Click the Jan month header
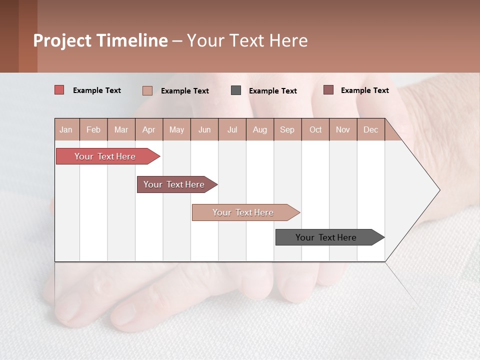click(x=66, y=129)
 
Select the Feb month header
click(x=93, y=129)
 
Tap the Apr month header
click(x=149, y=129)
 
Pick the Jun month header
click(x=204, y=129)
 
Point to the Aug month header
click(x=260, y=129)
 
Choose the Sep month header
click(x=287, y=129)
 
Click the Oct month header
click(x=315, y=129)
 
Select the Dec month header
click(x=371, y=129)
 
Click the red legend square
click(x=59, y=90)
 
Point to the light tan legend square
click(x=147, y=90)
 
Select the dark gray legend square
click(x=236, y=90)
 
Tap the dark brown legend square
click(x=328, y=90)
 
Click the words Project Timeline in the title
click(x=100, y=40)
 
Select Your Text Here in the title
click(x=247, y=40)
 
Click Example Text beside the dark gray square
click(x=273, y=91)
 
